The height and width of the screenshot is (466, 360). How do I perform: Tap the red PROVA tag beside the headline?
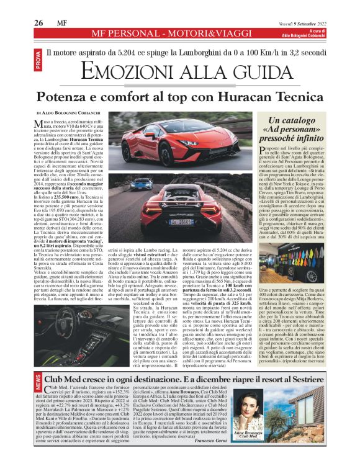39,61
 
